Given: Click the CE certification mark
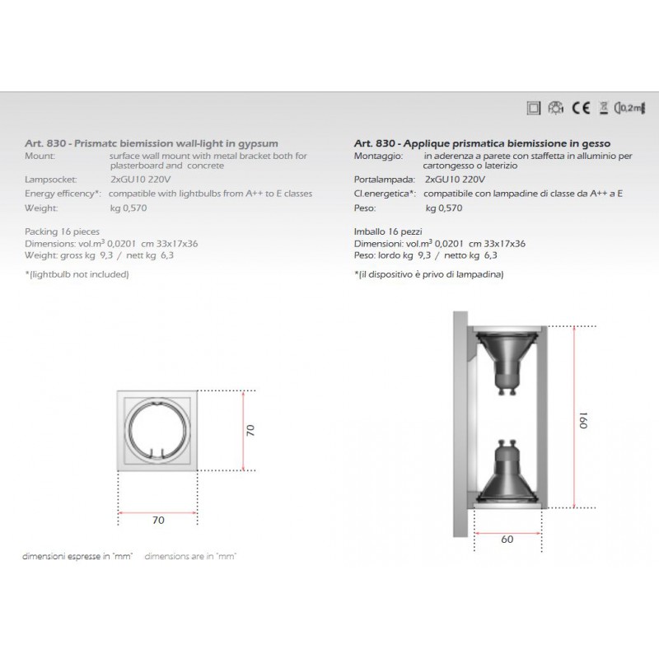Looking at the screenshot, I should point(578,106).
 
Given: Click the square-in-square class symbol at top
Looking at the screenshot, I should point(533,106).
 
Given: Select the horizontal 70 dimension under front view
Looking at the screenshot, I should point(159,521).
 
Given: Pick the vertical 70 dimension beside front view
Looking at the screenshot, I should point(250,428).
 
